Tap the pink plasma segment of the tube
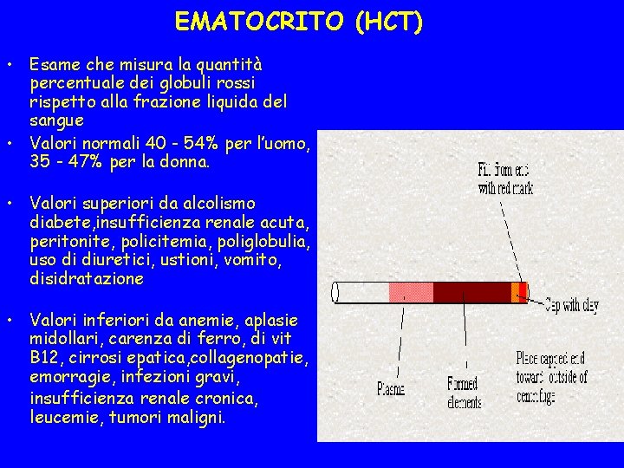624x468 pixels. point(411,292)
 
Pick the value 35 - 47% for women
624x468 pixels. point(65,161)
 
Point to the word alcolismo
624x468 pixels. point(212,203)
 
